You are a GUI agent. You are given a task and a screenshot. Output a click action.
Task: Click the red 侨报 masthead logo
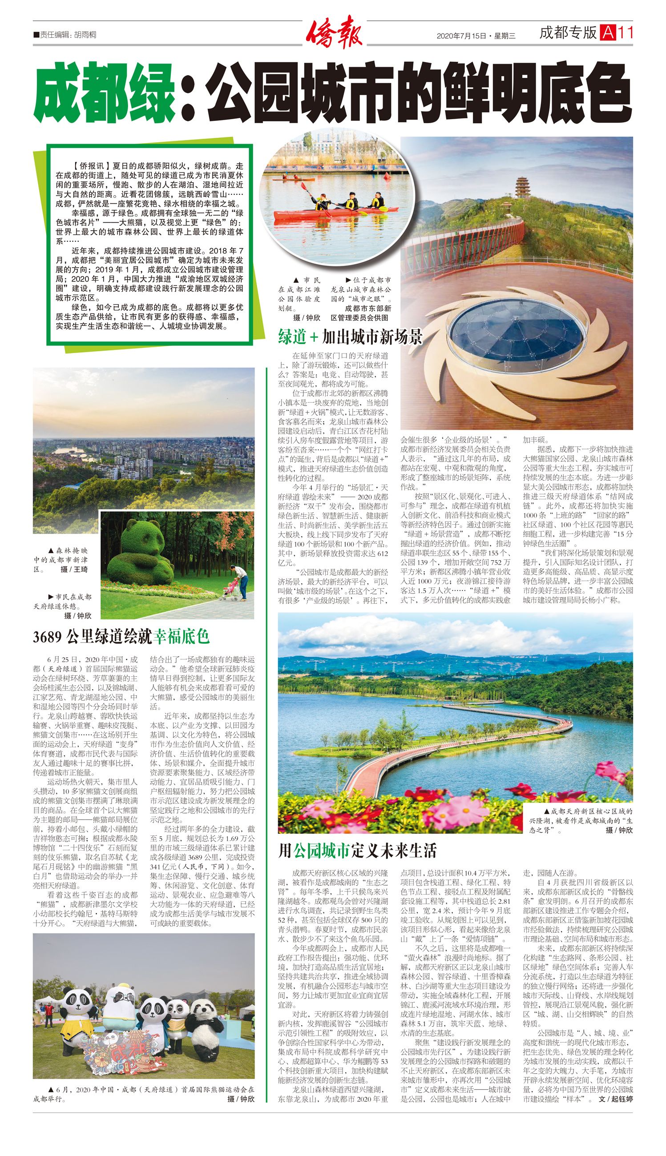335,32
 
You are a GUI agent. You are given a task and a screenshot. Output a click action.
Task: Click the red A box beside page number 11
606,32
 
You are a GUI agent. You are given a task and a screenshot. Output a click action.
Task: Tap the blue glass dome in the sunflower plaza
517,329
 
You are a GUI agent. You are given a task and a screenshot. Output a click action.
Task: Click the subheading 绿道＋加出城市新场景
351,337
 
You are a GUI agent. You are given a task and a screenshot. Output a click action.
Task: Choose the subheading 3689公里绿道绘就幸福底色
121,636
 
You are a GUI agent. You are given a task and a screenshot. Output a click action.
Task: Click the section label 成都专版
568,32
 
